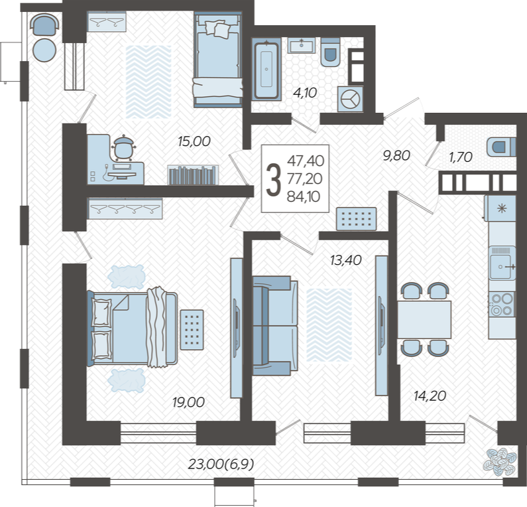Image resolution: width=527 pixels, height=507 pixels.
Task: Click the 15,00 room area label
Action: click(x=194, y=141)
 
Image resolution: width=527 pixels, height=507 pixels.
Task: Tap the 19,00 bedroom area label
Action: click(x=188, y=402)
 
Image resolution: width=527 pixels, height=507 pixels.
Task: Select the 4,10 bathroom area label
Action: click(x=305, y=93)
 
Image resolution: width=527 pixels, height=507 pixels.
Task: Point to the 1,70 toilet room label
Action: click(x=461, y=157)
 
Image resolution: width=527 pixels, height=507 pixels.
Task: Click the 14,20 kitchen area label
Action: click(x=430, y=396)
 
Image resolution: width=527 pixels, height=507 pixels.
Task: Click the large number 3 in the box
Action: click(x=273, y=179)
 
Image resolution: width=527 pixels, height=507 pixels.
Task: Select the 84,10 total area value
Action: click(x=304, y=196)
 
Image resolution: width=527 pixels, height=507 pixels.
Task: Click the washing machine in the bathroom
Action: click(x=350, y=100)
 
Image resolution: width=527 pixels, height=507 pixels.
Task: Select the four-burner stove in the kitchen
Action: click(x=502, y=304)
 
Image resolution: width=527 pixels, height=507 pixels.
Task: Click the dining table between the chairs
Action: click(x=424, y=320)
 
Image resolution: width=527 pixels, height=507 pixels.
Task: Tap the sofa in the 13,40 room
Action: click(x=275, y=326)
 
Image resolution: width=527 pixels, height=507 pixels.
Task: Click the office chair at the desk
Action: click(x=124, y=148)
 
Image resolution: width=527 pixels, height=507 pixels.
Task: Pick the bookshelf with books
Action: click(x=193, y=175)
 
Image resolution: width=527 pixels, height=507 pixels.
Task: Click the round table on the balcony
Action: click(x=44, y=50)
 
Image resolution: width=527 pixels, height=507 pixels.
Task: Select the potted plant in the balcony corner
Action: click(x=500, y=461)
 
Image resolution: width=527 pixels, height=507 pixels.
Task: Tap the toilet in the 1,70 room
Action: click(x=501, y=147)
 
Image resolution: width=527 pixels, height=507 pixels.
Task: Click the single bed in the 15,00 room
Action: click(x=218, y=60)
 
